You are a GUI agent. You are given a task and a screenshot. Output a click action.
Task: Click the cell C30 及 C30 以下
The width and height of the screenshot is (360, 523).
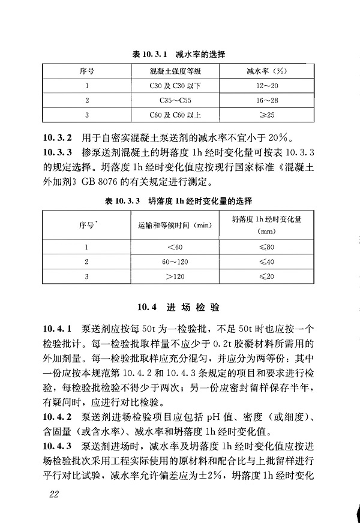click(176, 85)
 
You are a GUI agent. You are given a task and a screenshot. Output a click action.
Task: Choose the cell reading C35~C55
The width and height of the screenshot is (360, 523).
click(176, 100)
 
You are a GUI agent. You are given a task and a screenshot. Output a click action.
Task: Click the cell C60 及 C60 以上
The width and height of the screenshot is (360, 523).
click(176, 114)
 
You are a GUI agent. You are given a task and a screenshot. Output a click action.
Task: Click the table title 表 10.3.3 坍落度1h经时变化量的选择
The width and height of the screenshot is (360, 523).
click(178, 200)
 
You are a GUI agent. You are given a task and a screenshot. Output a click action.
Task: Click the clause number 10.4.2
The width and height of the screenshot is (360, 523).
click(58, 414)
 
